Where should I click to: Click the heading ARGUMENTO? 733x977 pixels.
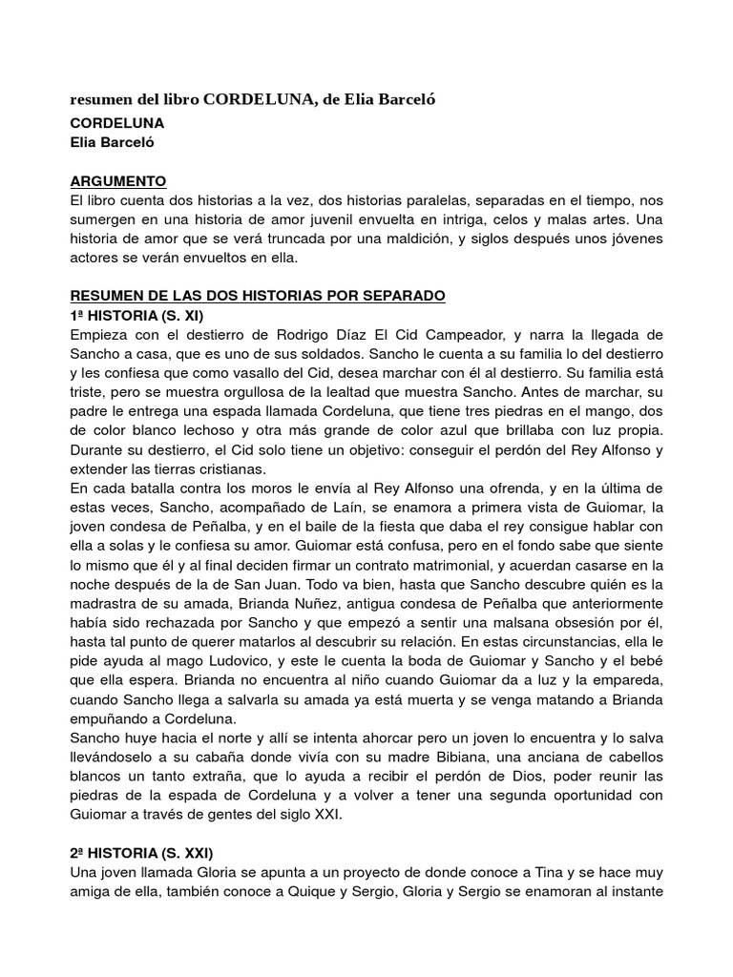(x=119, y=180)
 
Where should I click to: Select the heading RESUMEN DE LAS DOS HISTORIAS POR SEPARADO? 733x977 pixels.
(x=258, y=296)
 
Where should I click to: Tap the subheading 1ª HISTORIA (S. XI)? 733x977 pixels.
(x=137, y=315)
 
